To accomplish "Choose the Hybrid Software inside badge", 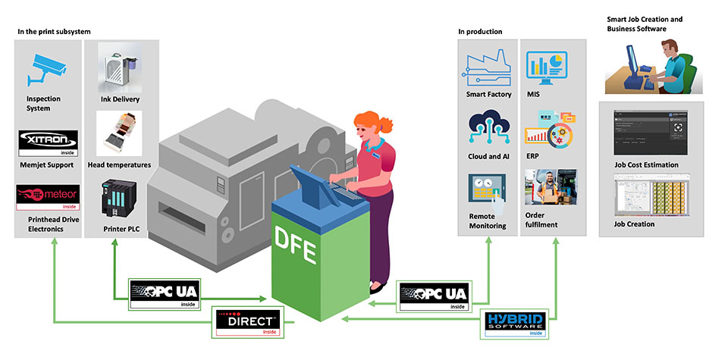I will point(517,324).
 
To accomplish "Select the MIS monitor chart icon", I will point(549,68).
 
